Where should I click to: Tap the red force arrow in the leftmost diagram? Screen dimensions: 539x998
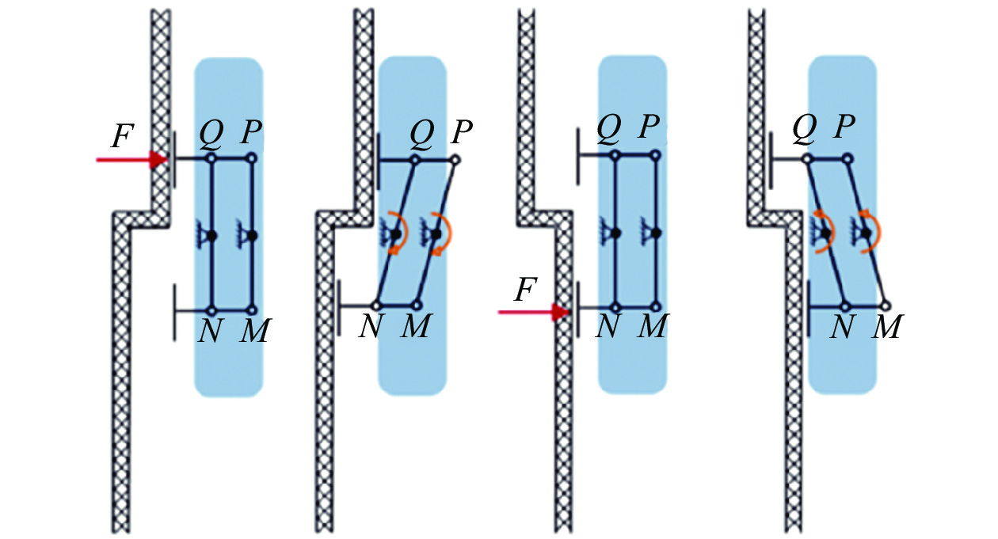point(131,161)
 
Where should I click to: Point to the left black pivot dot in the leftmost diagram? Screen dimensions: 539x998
point(212,235)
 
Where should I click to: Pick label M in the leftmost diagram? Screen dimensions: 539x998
point(255,330)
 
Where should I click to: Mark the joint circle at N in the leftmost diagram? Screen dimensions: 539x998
point(211,310)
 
